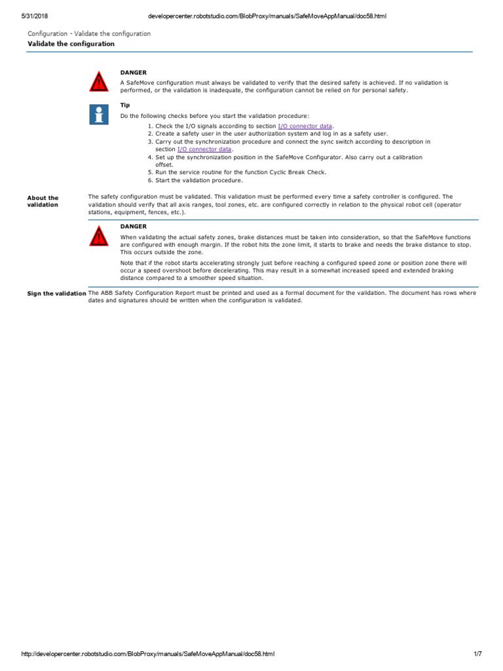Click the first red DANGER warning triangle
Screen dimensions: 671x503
[98, 82]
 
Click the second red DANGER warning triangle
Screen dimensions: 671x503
[98, 235]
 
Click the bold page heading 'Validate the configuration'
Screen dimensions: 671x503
[71, 44]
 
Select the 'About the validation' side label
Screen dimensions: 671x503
[43, 201]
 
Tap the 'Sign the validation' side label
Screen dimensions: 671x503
[56, 294]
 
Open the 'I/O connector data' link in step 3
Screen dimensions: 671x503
[204, 149]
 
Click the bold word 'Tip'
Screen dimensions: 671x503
[125, 105]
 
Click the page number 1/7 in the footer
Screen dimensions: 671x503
[477, 654]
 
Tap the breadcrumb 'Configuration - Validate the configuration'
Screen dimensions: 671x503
[89, 33]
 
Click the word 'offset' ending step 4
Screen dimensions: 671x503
[163, 164]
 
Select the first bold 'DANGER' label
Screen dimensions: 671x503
[134, 72]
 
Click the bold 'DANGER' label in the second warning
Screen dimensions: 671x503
[134, 226]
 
